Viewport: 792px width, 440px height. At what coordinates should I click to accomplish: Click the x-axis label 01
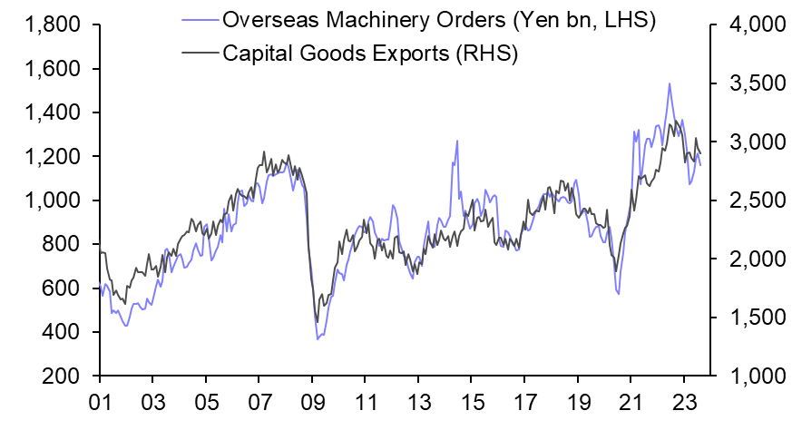(100, 399)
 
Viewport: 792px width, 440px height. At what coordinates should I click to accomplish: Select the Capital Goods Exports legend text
(370, 53)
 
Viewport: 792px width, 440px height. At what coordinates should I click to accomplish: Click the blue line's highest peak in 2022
(670, 83)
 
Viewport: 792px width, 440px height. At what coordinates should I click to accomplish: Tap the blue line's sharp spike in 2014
(457, 141)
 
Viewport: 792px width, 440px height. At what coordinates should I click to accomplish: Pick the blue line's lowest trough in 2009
(318, 339)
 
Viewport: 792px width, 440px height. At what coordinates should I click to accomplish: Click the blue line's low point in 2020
(619, 293)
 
